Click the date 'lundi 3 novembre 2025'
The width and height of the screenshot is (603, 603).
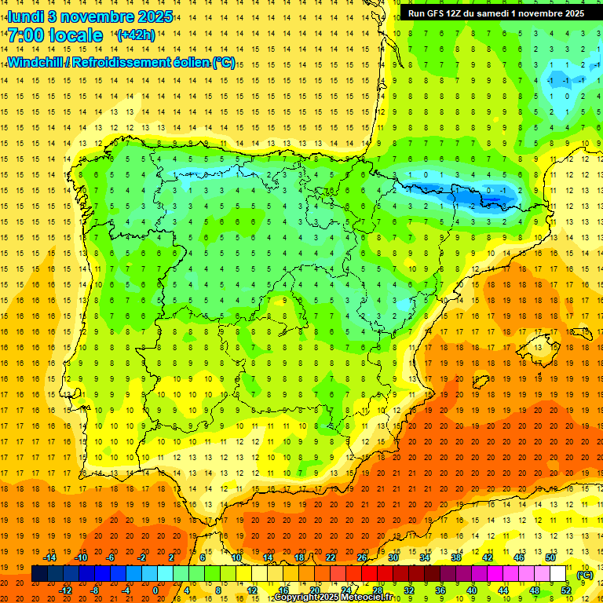click(80, 16)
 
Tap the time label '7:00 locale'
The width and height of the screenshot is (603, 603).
click(55, 35)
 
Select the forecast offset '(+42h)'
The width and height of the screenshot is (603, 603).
click(134, 36)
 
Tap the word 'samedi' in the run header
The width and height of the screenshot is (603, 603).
click(511, 13)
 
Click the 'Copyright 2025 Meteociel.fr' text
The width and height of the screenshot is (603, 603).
click(334, 598)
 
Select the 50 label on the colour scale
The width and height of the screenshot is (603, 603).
click(550, 557)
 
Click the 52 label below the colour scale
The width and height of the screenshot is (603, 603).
click(566, 590)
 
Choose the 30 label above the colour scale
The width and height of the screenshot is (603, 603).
click(393, 557)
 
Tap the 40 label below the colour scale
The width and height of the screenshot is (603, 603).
click(472, 590)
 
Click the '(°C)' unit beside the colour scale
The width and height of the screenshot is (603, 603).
click(584, 575)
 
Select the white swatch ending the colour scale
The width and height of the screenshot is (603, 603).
click(558, 574)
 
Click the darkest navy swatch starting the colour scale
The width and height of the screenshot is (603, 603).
click(39, 574)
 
